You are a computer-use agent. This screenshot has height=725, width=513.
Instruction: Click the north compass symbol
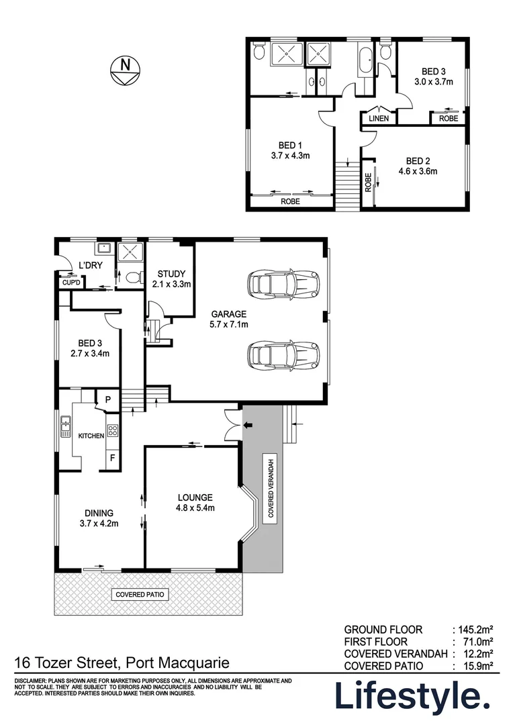tap(125, 70)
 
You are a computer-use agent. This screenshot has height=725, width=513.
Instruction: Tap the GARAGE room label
tap(229, 313)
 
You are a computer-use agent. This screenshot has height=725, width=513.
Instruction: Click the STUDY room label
tap(171, 274)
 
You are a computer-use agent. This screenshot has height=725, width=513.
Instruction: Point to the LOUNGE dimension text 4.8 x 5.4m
tap(195, 507)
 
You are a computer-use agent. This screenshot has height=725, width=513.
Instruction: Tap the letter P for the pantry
tap(107, 400)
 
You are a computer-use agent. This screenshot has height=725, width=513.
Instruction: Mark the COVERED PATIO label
tap(140, 595)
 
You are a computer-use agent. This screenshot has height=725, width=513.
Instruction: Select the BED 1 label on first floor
tap(291, 145)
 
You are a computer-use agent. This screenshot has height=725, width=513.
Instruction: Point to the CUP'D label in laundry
tap(71, 283)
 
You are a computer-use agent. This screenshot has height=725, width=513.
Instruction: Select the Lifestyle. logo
tap(411, 696)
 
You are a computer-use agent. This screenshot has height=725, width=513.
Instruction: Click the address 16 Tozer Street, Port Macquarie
tap(122, 664)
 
